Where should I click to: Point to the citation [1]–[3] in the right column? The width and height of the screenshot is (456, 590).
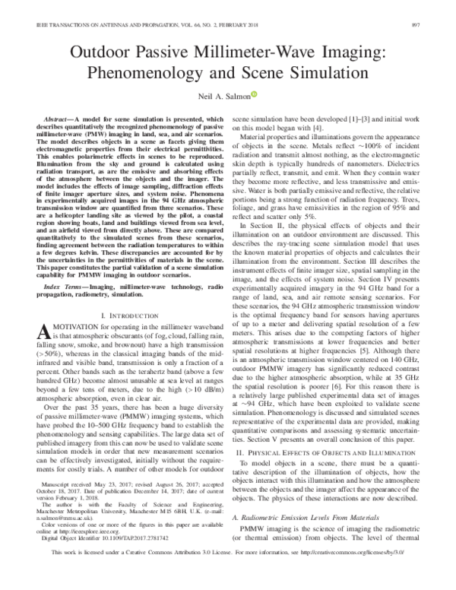(x=356, y=120)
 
